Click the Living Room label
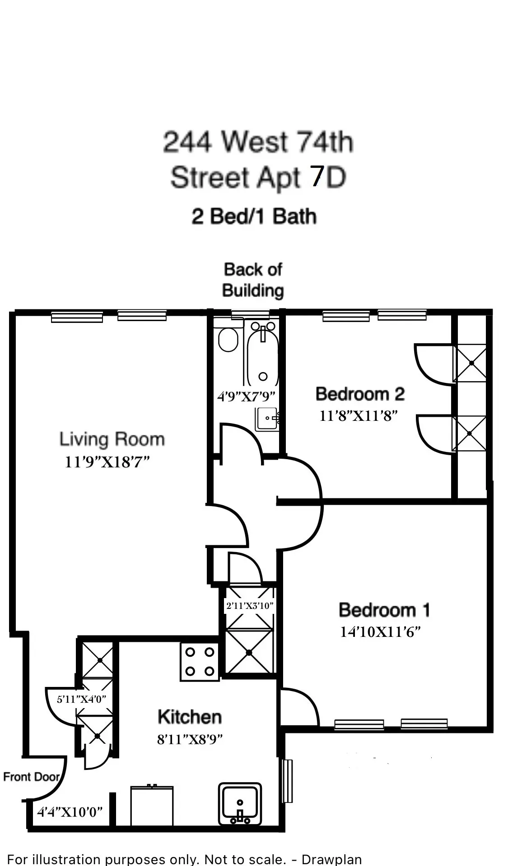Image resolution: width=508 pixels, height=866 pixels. coord(112,439)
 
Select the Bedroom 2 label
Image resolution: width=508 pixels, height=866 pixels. coord(360,394)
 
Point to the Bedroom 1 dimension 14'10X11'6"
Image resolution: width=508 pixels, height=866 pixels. coord(380,632)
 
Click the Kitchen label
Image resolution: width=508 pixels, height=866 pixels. coord(190,717)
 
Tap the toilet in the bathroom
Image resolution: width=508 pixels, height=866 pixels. coord(228,338)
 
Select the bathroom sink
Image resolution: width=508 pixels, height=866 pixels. coord(267,419)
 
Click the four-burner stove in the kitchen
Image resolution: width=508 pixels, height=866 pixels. coord(200,662)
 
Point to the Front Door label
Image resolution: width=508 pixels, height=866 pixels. coord(31,777)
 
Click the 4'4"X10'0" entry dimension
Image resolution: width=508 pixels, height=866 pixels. coord(70,812)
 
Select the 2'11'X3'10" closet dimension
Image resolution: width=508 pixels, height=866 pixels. coord(250,606)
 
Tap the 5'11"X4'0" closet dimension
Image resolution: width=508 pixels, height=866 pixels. coord(81,700)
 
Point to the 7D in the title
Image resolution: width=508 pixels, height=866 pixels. coord(328,177)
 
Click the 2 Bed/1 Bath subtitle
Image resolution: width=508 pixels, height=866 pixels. coord(254,216)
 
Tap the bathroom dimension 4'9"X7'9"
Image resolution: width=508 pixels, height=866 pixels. coord(246,396)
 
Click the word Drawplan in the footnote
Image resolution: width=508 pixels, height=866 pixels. coord(331,859)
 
